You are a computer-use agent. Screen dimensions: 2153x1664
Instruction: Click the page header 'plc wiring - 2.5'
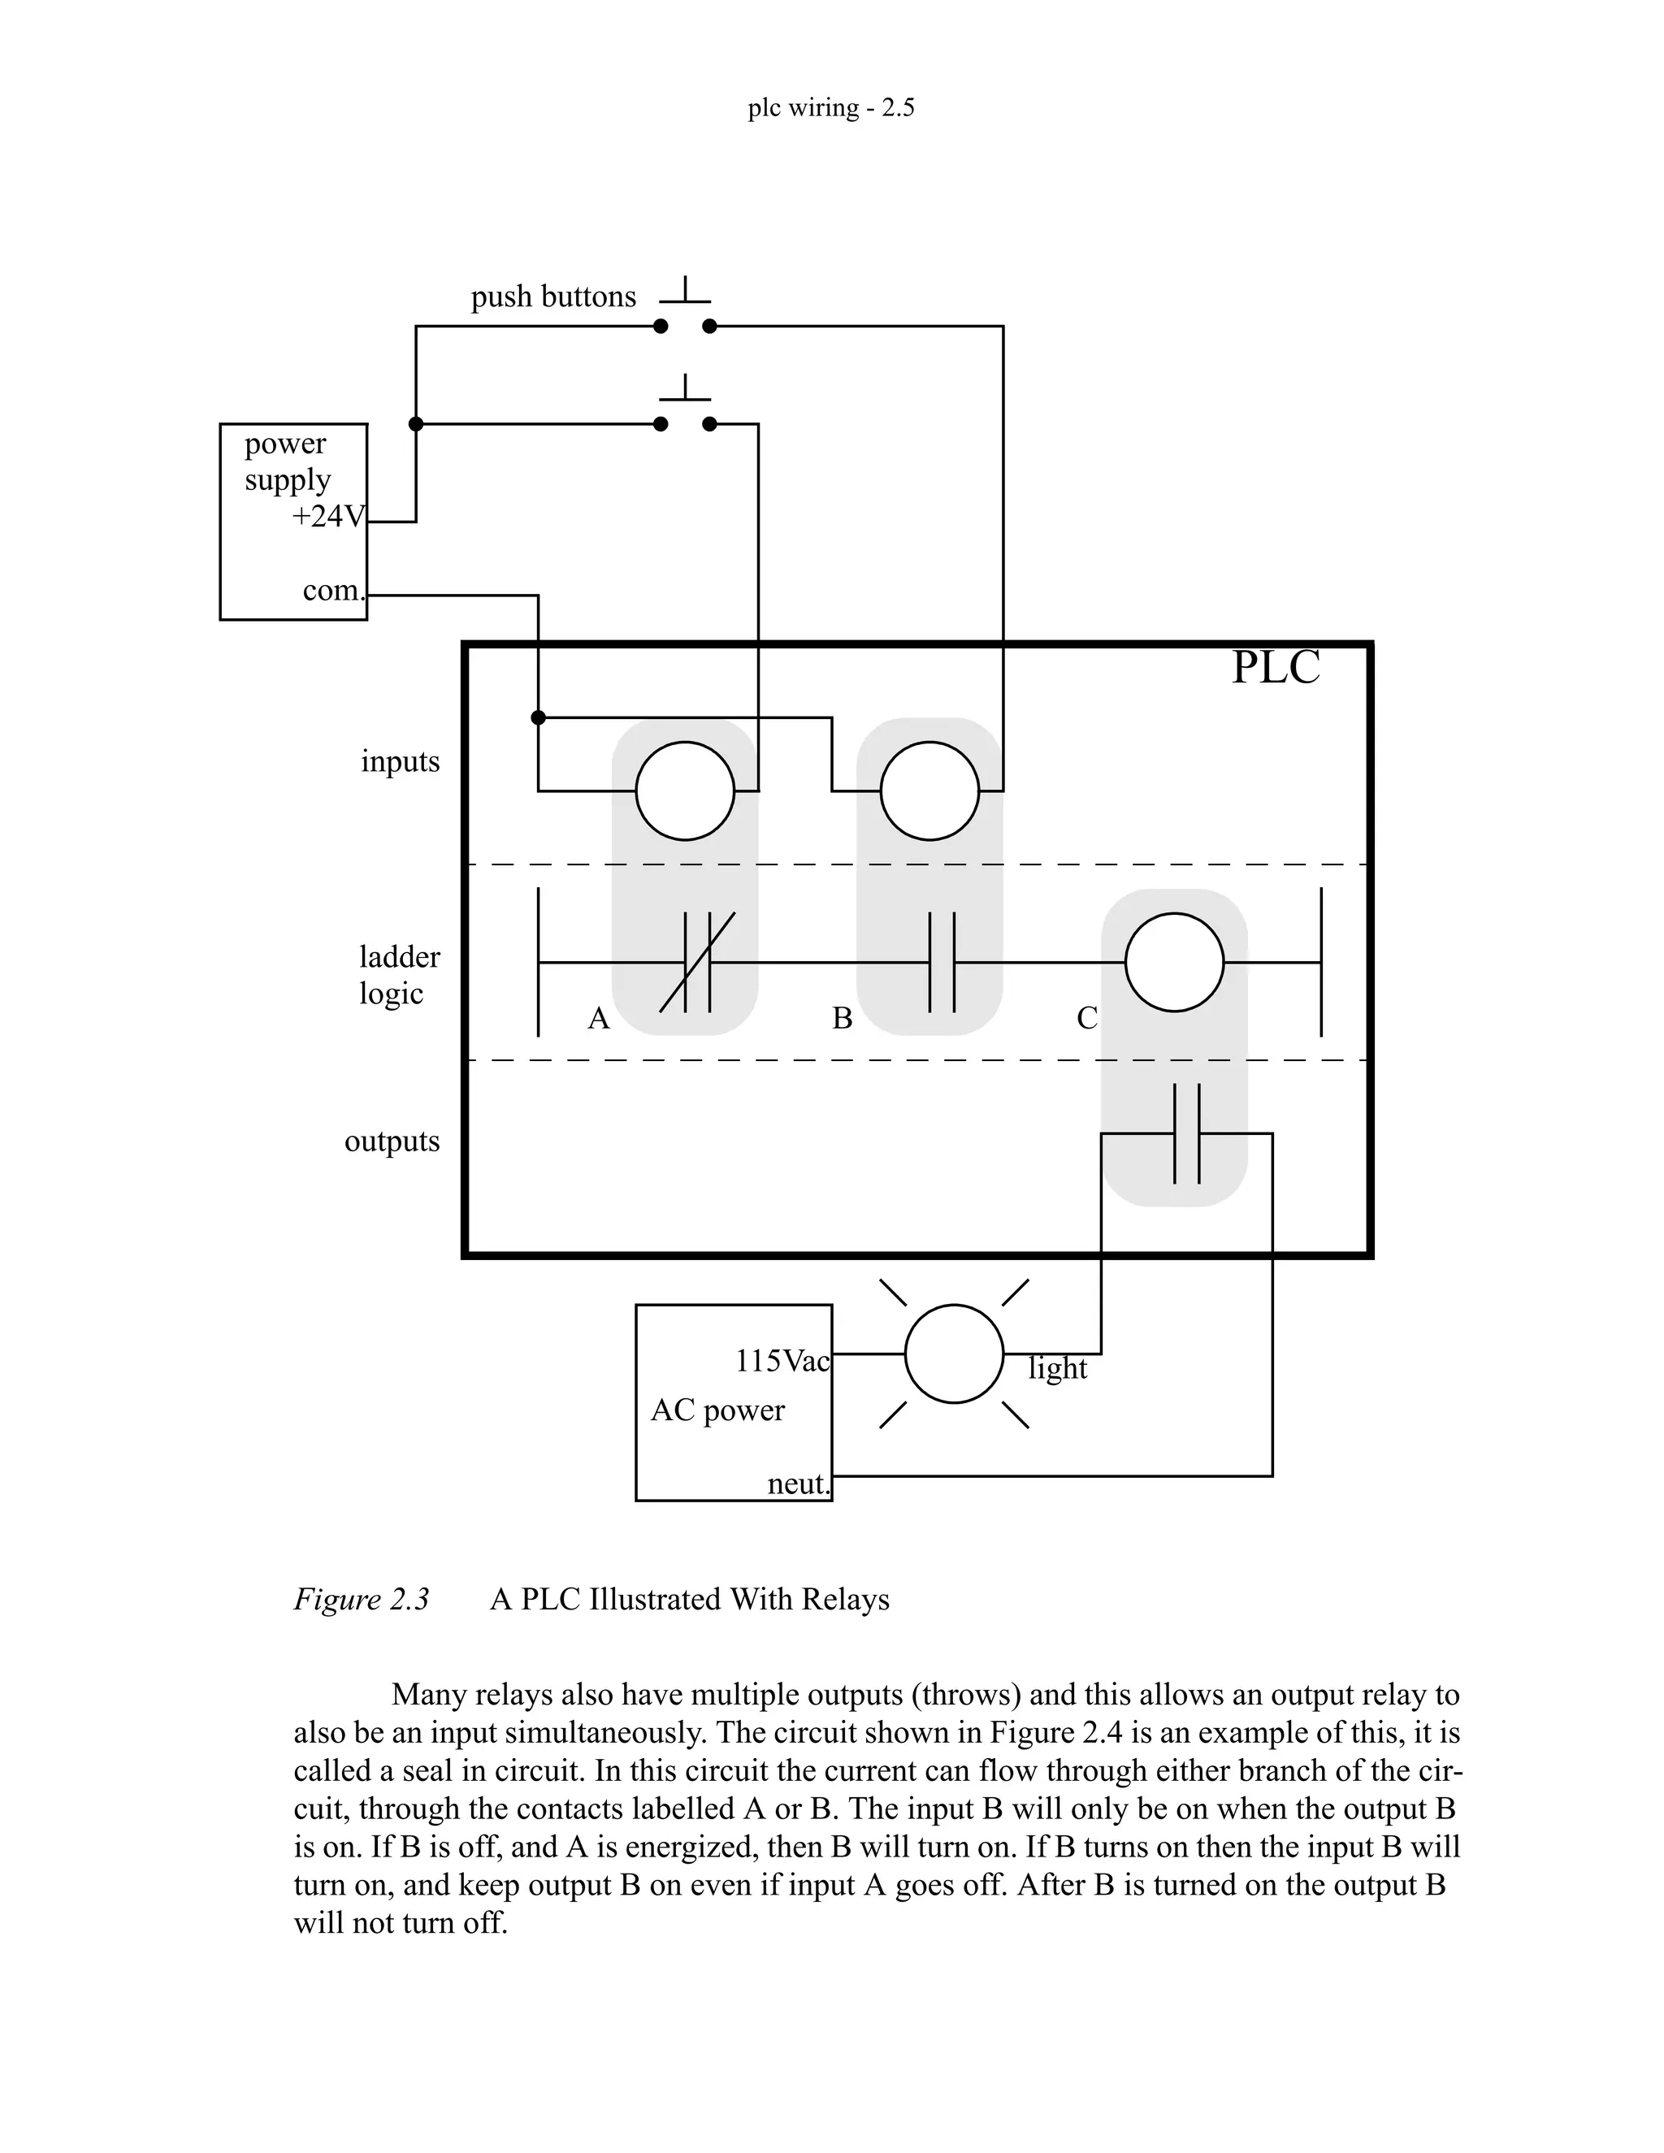(830, 106)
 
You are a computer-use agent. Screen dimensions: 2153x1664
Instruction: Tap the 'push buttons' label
(553, 297)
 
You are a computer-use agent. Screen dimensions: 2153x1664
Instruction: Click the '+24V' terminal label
(328, 516)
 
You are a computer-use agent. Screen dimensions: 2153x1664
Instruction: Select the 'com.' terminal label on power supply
(333, 591)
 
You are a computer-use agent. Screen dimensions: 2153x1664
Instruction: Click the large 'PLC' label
(1275, 667)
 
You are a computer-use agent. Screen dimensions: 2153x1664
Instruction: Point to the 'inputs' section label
(401, 761)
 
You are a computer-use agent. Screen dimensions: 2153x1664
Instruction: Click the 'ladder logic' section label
(399, 975)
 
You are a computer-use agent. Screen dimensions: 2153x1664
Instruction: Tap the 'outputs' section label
(392, 1141)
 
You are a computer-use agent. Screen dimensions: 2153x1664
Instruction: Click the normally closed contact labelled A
(697, 962)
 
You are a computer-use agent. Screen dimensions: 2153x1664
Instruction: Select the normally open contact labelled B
(942, 962)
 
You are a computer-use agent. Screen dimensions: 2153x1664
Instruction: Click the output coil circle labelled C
(1174, 962)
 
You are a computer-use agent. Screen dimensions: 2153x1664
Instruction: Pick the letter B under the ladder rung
(842, 1018)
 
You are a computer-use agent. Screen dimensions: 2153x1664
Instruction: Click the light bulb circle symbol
(953, 1354)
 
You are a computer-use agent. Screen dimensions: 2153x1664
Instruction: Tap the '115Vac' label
(782, 1362)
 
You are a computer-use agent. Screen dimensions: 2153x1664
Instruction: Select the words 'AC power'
(717, 1410)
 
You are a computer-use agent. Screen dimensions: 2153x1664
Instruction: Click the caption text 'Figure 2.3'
(361, 1599)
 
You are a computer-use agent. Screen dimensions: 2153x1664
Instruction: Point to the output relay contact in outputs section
(1187, 1133)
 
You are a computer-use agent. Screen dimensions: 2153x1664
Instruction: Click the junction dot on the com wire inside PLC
(538, 717)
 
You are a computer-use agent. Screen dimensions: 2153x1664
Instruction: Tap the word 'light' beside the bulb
(1057, 1368)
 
